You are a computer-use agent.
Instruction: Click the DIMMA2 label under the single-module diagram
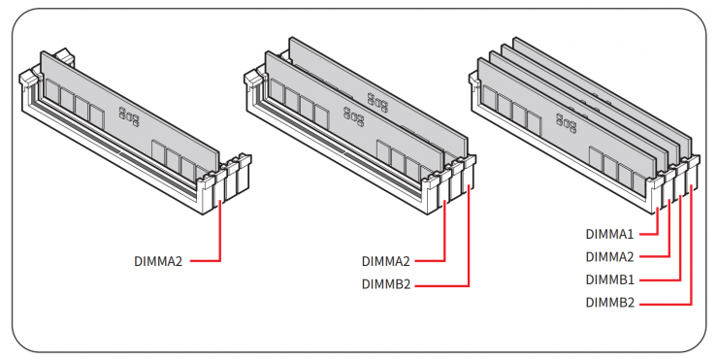click(158, 261)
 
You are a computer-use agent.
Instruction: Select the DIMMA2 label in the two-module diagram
click(385, 261)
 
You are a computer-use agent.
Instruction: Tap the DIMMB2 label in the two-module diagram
click(386, 284)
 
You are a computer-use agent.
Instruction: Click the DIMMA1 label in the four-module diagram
click(609, 234)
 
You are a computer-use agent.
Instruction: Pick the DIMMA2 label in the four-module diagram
click(609, 257)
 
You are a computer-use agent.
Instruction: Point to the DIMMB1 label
click(610, 279)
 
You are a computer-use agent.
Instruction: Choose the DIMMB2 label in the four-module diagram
click(610, 303)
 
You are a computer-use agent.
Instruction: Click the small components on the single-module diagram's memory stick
click(129, 116)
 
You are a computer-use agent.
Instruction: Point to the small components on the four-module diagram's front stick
click(566, 122)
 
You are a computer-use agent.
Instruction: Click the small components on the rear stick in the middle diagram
click(377, 103)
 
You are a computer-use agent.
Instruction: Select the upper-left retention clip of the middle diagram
click(253, 78)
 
